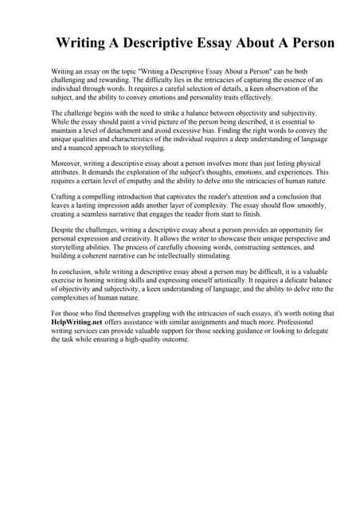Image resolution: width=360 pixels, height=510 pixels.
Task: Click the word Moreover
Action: pos(68,162)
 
